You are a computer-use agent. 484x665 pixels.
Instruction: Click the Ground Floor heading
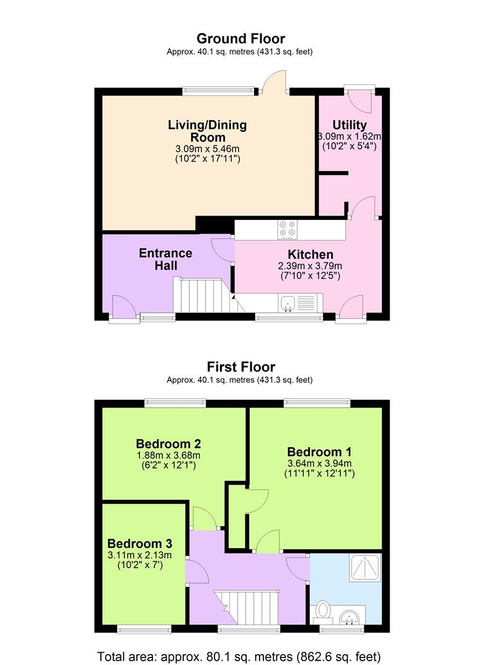240,39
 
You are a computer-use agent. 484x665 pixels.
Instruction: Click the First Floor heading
240,367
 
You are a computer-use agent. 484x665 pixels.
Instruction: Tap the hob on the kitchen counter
287,229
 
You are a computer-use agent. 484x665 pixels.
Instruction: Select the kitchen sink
288,302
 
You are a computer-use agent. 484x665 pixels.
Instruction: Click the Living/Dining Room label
207,131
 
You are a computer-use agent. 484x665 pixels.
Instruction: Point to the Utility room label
349,125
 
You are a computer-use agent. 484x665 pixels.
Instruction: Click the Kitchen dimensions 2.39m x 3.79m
310,266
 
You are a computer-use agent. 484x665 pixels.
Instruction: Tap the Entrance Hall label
165,259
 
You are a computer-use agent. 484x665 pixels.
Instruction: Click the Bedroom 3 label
139,544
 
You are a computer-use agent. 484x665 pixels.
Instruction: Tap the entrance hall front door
121,306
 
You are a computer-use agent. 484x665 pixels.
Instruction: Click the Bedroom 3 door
195,573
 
